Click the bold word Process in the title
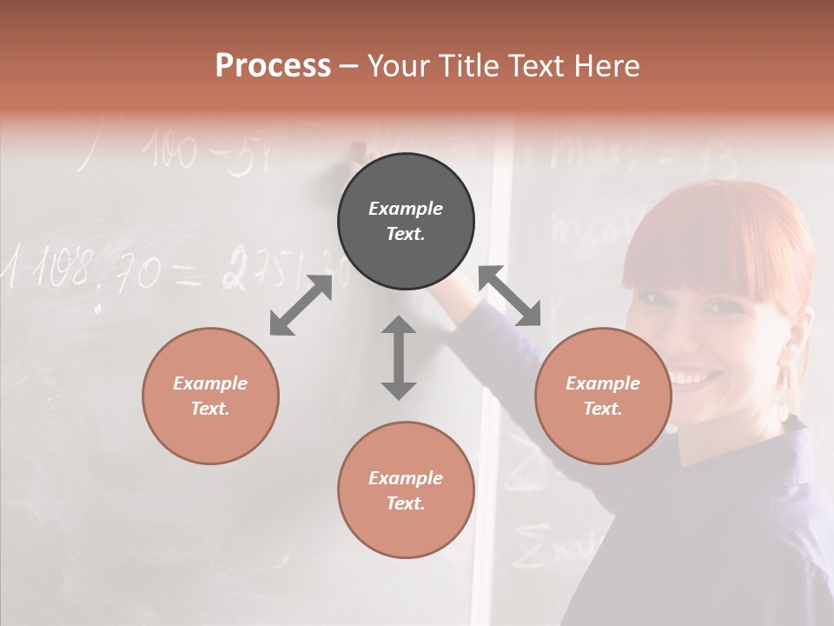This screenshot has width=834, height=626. pyautogui.click(x=273, y=66)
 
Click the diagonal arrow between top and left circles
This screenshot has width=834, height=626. pyautogui.click(x=301, y=305)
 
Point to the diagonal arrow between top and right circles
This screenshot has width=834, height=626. pyautogui.click(x=510, y=296)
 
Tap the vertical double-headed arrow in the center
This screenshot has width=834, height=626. pyautogui.click(x=399, y=357)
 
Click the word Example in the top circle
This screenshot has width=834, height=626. pyautogui.click(x=406, y=209)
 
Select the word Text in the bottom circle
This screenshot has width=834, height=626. pyautogui.click(x=405, y=503)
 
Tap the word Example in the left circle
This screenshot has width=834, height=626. pyautogui.click(x=210, y=383)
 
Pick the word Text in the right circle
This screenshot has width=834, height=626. pyautogui.click(x=602, y=409)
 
